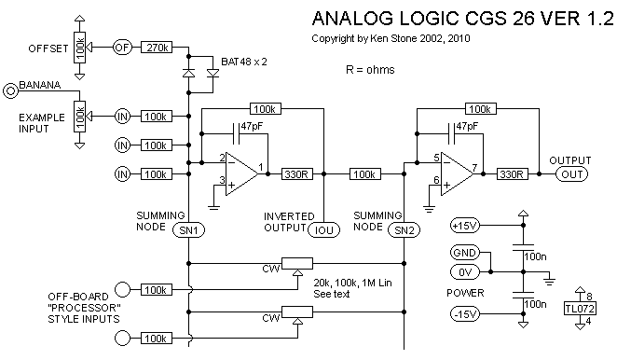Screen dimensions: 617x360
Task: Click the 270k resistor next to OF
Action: point(157,48)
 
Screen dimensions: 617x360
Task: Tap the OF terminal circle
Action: point(122,48)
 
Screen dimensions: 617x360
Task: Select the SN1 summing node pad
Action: point(189,230)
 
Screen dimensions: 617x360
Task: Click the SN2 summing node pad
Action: point(404,230)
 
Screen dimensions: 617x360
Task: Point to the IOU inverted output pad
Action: point(323,230)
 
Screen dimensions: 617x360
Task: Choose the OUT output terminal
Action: point(571,174)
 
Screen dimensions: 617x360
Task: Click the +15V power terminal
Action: point(465,226)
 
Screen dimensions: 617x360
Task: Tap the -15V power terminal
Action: point(465,314)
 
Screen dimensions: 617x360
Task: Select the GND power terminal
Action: point(465,253)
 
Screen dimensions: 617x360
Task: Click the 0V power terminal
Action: point(465,271)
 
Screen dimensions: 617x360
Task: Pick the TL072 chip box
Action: point(580,309)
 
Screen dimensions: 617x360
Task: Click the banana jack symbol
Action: point(10,91)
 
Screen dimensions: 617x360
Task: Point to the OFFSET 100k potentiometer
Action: point(79,48)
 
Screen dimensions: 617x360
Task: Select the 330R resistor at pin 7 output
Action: point(512,174)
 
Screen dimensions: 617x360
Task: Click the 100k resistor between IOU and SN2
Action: point(365,174)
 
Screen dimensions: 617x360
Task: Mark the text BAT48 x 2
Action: point(244,62)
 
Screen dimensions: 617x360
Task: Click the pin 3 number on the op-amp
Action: point(222,180)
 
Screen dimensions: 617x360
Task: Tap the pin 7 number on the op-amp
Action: point(475,167)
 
